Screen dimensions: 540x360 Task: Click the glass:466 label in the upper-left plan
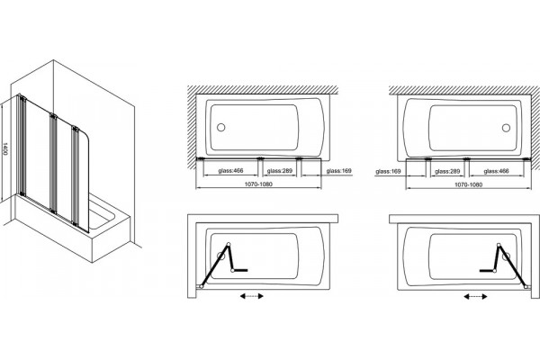[x=230, y=170]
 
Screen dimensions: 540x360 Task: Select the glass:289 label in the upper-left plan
[x=279, y=170]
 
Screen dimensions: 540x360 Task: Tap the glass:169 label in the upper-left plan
[x=339, y=170]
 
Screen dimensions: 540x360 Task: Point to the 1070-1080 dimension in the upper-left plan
[x=258, y=184]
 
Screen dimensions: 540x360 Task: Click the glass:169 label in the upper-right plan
[x=389, y=171]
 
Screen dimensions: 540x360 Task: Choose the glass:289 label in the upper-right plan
[x=447, y=171]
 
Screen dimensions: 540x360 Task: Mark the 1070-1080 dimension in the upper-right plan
[x=468, y=184]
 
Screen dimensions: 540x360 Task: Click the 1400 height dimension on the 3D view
[x=4, y=148]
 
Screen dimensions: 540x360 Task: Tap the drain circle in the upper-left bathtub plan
[x=220, y=128]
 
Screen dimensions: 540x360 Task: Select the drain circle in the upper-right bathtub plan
[x=506, y=128]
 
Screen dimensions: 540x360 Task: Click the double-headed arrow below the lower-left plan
[x=252, y=296]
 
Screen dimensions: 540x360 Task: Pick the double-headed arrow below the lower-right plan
[x=475, y=296]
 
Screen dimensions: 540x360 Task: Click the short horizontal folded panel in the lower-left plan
[x=240, y=270]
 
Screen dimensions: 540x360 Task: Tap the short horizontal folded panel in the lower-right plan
[x=487, y=270]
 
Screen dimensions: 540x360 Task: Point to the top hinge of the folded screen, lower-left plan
[x=228, y=245]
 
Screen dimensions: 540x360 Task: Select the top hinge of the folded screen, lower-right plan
[x=499, y=245]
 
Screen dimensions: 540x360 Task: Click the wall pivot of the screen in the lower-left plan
[x=201, y=286]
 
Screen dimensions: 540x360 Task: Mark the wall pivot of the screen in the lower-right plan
[x=526, y=286]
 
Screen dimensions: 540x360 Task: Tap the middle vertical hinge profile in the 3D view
[x=53, y=163]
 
